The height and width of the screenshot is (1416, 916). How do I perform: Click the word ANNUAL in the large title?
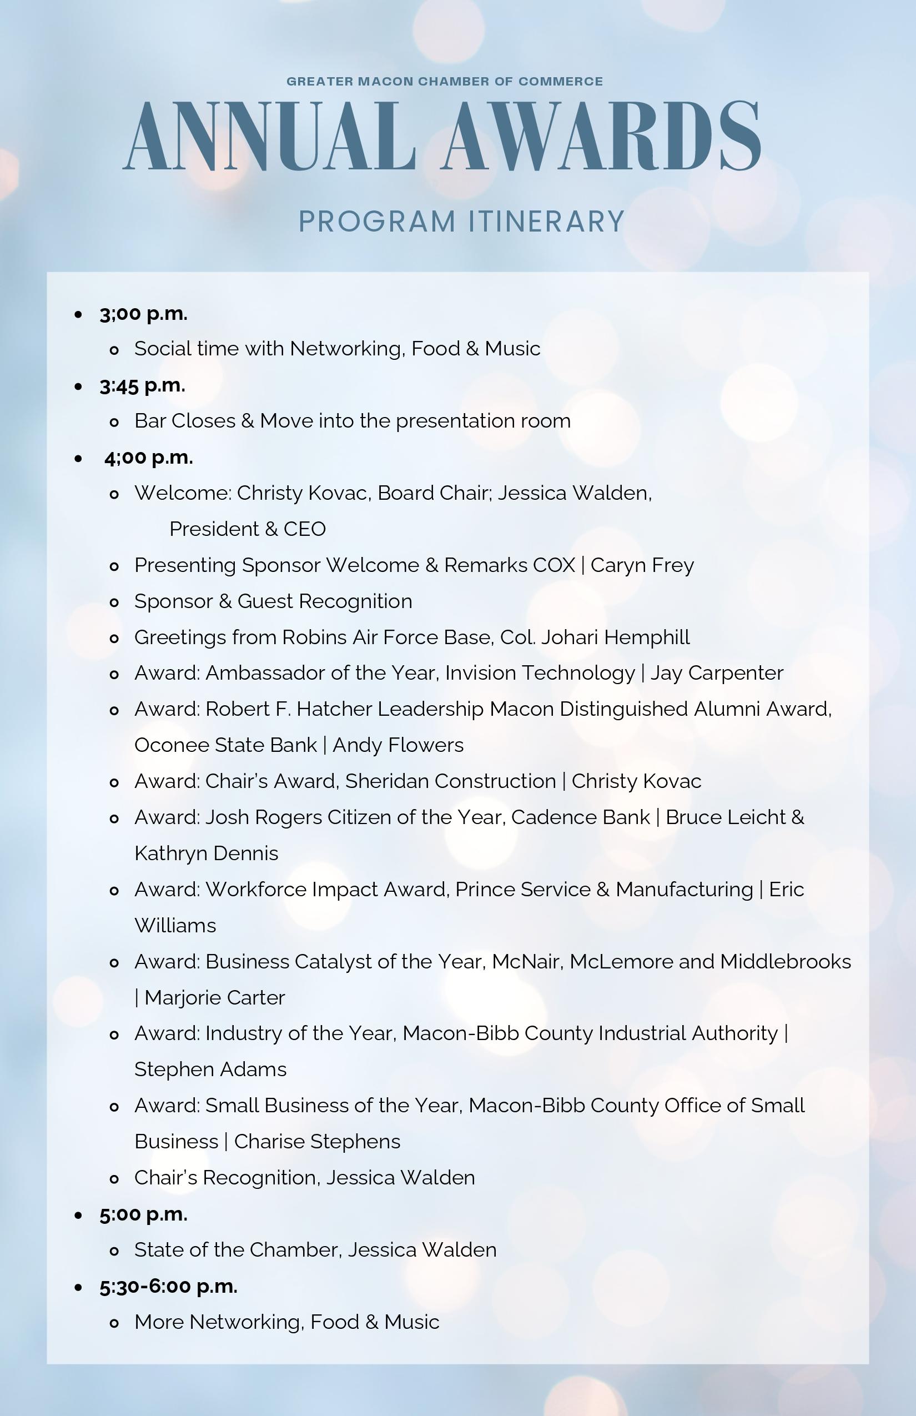click(x=269, y=137)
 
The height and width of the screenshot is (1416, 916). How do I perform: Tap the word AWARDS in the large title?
click(x=601, y=137)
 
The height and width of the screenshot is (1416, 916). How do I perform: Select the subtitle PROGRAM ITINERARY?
click(x=461, y=222)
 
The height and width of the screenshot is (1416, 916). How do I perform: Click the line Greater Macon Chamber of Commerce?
click(x=445, y=82)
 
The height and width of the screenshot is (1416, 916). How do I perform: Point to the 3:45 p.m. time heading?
click(x=143, y=385)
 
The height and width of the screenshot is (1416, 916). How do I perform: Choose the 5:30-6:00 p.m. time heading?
click(x=168, y=1286)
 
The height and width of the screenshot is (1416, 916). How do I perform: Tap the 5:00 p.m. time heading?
click(x=143, y=1214)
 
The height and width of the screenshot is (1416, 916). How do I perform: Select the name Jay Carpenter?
click(x=716, y=673)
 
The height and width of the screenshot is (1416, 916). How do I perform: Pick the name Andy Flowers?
click(x=398, y=745)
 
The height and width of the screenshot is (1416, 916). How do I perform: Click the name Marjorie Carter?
click(x=215, y=997)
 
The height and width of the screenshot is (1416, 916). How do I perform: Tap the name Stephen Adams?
click(x=210, y=1069)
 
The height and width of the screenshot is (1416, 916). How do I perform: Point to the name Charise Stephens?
click(x=317, y=1141)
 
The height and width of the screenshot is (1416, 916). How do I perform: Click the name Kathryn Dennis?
click(x=207, y=853)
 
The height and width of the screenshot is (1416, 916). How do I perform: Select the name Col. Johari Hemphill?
click(x=595, y=637)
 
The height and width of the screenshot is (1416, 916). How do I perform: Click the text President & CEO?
click(x=248, y=529)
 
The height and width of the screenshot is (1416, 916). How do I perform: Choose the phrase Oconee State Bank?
click(x=225, y=745)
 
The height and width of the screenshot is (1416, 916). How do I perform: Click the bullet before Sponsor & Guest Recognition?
click(x=115, y=602)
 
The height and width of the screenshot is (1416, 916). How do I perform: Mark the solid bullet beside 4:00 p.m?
click(x=78, y=458)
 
